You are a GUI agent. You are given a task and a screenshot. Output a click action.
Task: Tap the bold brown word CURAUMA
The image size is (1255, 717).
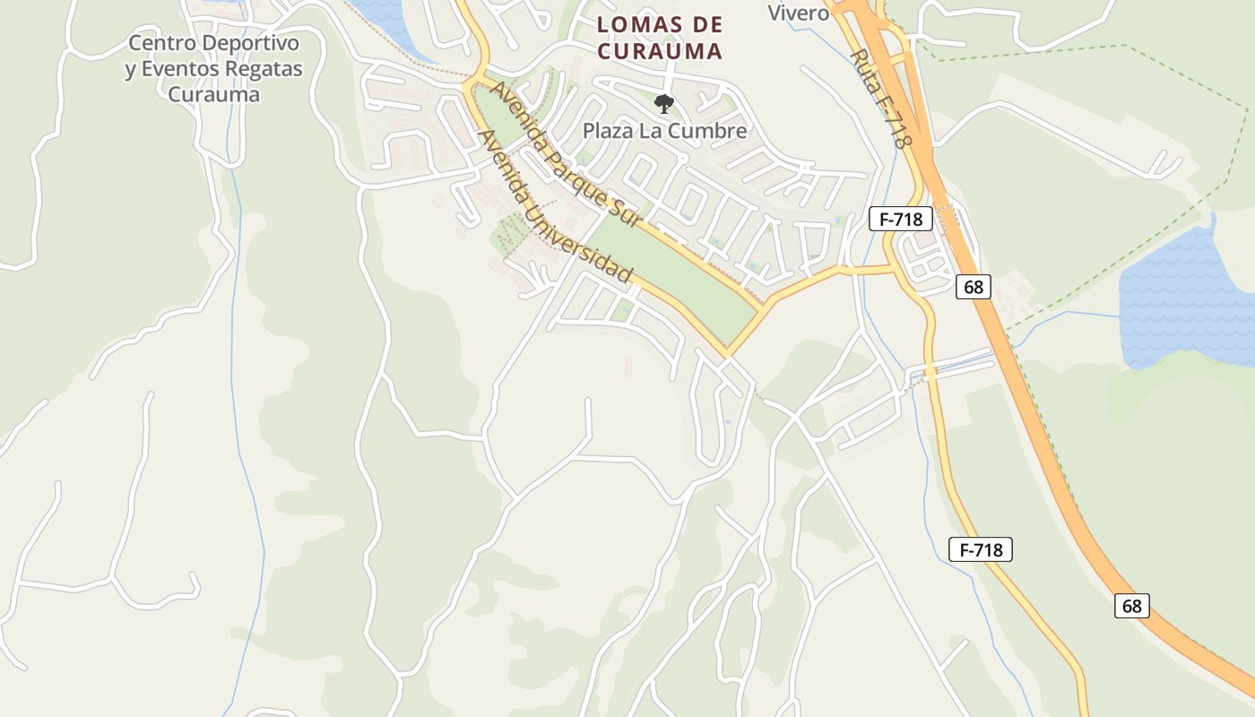(x=660, y=51)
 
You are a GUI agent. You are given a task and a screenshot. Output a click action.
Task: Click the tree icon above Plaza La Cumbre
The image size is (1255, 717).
(x=663, y=104)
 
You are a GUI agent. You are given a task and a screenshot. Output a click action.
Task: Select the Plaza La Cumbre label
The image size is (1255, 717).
(x=664, y=131)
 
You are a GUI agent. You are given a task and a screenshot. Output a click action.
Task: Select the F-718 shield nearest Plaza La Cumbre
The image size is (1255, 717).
(x=901, y=218)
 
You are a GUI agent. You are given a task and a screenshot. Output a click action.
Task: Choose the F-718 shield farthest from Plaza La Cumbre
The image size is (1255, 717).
(x=981, y=549)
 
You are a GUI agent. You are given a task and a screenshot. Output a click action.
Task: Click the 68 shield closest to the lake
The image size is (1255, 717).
(x=974, y=287)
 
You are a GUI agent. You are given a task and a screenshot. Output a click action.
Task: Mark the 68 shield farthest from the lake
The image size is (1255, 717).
(x=1132, y=606)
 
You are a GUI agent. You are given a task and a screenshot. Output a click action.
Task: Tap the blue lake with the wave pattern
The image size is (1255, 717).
(x=1183, y=296)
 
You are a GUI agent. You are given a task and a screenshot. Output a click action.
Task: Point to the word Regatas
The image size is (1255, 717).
(x=265, y=69)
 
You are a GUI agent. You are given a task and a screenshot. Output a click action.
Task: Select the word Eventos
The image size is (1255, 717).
(x=185, y=69)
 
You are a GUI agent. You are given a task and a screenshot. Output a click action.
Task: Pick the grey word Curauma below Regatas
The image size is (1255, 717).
(x=214, y=94)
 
